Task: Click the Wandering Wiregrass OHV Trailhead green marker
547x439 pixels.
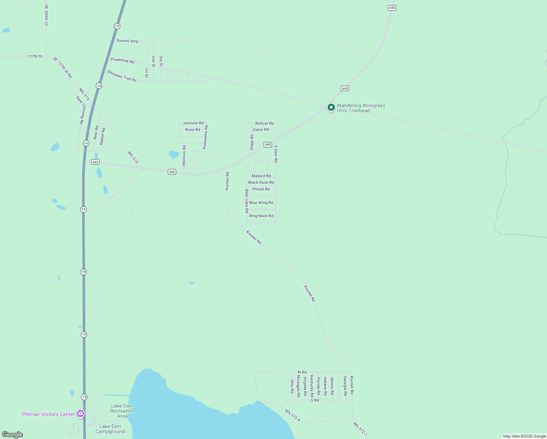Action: point(331,107)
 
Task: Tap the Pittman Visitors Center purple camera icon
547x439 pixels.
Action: point(80,414)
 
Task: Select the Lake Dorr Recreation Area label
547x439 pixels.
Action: point(122,411)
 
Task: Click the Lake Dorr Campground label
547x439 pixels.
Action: point(110,429)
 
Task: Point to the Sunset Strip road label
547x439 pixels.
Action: point(127,41)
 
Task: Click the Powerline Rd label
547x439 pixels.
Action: point(122,60)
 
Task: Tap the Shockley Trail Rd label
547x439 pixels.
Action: point(122,76)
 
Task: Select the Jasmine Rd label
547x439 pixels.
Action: point(193,123)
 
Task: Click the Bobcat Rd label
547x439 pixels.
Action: point(264,123)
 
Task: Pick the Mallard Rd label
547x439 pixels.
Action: point(261,176)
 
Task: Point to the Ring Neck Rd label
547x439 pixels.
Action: point(261,216)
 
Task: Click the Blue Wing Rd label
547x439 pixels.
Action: point(261,203)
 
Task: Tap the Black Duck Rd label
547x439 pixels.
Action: point(261,182)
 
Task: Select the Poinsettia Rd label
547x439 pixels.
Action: point(205,137)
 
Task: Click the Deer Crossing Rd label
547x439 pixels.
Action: point(80,110)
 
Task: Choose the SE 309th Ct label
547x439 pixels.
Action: point(46,15)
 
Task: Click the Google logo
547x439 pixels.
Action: point(12,435)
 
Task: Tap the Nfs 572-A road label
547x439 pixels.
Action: point(293,415)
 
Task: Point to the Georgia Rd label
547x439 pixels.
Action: point(345,386)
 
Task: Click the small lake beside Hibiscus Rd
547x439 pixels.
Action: point(174,154)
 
